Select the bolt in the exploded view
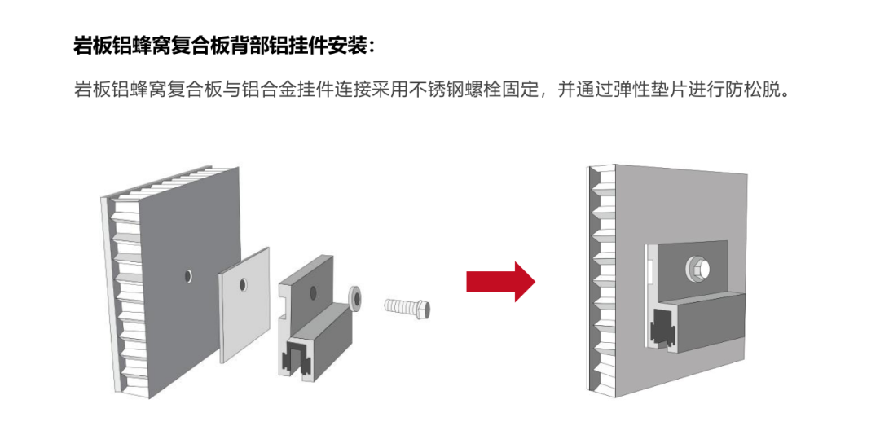pos(407,308)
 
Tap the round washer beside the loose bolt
pos(356,296)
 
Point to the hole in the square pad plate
pos(243,285)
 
